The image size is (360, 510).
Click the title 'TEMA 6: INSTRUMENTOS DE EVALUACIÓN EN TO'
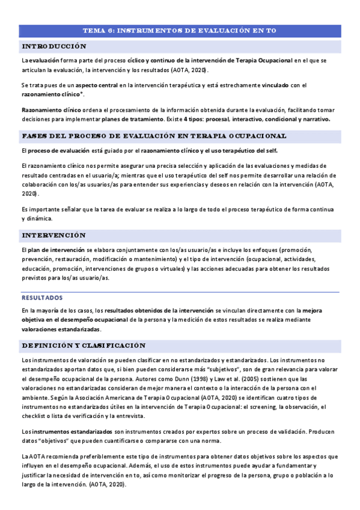click(180, 30)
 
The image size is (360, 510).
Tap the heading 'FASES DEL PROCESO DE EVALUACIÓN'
click(153, 136)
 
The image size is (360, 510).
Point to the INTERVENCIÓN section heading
click(53, 235)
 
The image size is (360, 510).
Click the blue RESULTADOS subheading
click(42, 297)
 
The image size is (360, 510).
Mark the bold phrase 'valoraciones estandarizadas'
click(61, 330)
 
